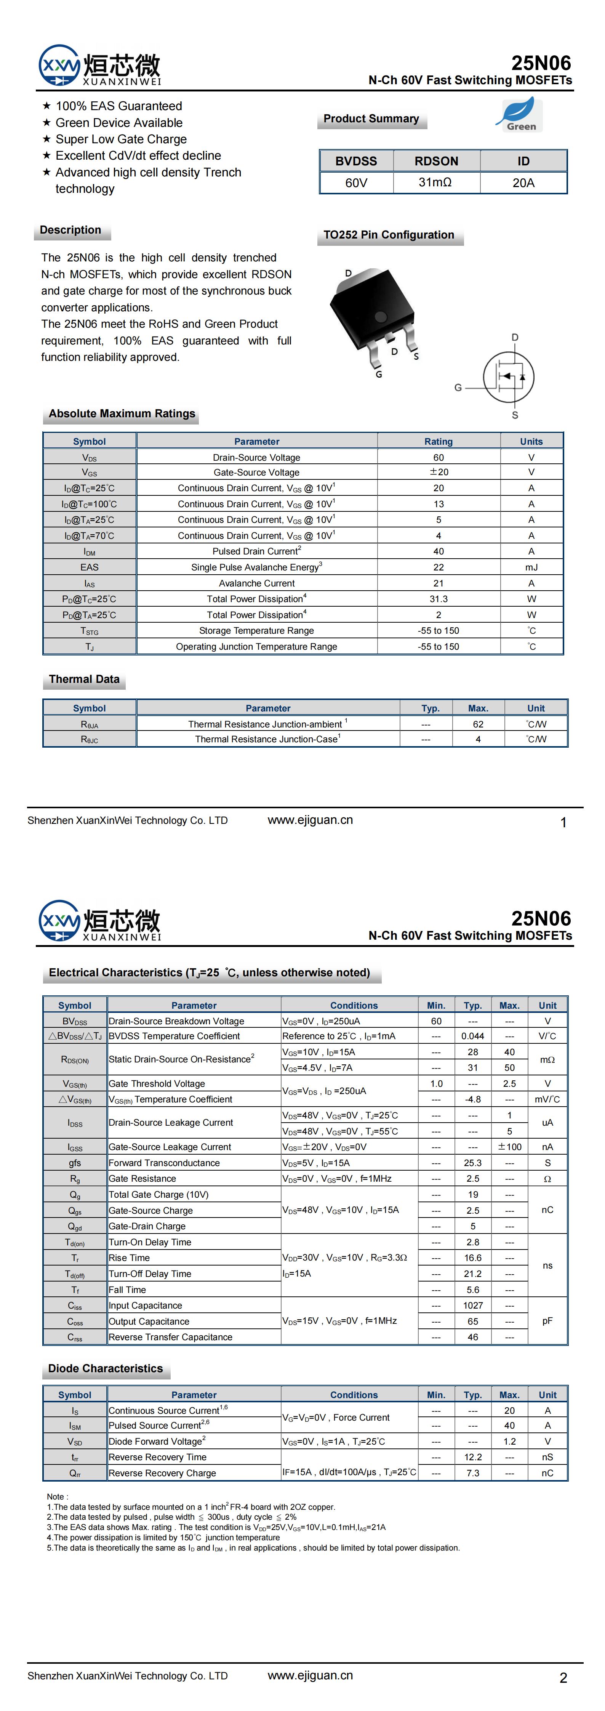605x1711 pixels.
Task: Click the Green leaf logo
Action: pos(519,115)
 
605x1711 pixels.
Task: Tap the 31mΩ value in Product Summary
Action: pos(435,183)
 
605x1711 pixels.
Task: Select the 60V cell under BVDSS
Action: pos(356,183)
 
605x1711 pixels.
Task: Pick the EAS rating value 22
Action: pos(438,567)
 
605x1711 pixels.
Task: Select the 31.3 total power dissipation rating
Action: pos(438,599)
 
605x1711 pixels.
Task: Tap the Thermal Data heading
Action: pos(84,679)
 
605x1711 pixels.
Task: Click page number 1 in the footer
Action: pos(563,822)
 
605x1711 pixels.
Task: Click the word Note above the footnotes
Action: pos(55,1496)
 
